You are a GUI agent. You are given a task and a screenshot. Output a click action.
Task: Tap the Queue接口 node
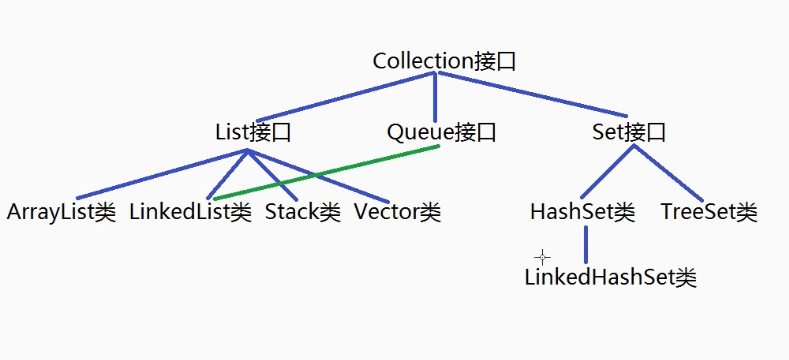[441, 132]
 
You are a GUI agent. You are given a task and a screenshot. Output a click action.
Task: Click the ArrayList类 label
[62, 212]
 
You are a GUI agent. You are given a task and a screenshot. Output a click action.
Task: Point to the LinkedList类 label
[190, 212]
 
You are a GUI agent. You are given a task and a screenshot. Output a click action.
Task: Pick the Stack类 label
[303, 212]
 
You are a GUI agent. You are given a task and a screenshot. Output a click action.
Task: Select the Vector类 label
[397, 212]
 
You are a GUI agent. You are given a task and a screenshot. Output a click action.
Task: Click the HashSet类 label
[582, 212]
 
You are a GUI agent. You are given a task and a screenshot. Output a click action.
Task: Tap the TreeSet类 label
[709, 212]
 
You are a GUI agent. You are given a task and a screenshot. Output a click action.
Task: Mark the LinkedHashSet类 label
[610, 278]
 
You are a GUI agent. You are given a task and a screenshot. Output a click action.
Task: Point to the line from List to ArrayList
[160, 174]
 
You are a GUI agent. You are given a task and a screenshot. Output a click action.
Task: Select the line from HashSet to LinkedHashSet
[585, 244]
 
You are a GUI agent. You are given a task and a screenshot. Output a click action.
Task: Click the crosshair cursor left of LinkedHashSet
[543, 257]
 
